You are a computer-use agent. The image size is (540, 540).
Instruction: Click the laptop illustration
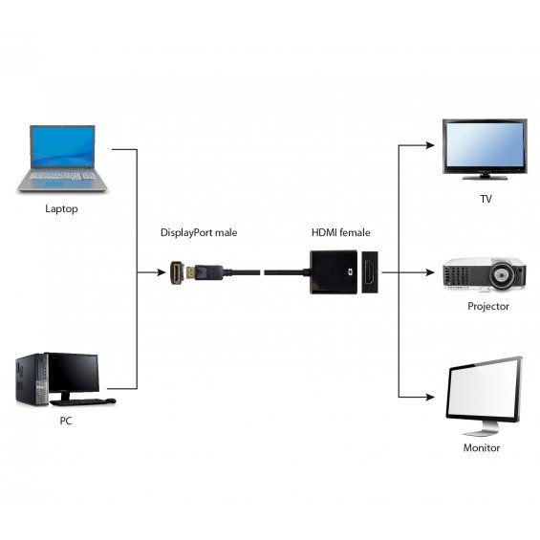[x=62, y=159]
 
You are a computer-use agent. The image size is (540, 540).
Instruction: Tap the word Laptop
[x=61, y=208]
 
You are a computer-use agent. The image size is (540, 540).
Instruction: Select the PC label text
[x=66, y=421]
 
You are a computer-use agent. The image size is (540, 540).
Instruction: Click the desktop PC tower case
[x=32, y=379]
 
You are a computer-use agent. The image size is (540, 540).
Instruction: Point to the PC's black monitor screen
[x=73, y=374]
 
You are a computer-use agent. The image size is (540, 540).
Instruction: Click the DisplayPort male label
[x=199, y=232]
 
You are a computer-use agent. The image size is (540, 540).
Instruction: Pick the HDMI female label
[x=341, y=232]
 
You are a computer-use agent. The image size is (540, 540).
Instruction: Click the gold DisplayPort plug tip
[x=190, y=272]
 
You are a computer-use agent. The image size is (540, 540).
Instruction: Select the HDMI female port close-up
[x=370, y=272]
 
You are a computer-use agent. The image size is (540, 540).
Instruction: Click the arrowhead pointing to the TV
[x=430, y=145]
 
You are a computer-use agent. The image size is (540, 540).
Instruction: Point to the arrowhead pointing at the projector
[x=430, y=272]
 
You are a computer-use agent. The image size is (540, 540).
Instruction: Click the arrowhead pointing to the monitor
[x=430, y=397]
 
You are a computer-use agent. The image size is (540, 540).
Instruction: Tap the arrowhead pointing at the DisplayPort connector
[x=162, y=272]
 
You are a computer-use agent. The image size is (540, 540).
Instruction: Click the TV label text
[x=486, y=199]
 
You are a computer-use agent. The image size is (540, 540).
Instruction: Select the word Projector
[x=488, y=306]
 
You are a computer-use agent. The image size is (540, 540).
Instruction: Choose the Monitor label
[x=482, y=447]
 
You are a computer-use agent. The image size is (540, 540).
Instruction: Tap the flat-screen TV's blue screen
[x=485, y=145]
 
